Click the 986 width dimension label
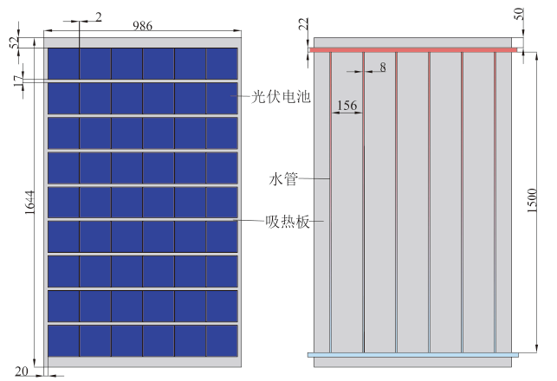pyautogui.click(x=142, y=26)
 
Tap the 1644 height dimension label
pyautogui.click(x=29, y=203)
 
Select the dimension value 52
pyautogui.click(x=15, y=43)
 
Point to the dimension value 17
pyautogui.click(x=18, y=81)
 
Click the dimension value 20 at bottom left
pyautogui.click(x=22, y=371)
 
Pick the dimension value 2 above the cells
pyautogui.click(x=99, y=16)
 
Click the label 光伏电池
pyautogui.click(x=281, y=97)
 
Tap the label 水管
pyautogui.click(x=283, y=179)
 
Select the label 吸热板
pyautogui.click(x=288, y=222)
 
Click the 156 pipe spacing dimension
pyautogui.click(x=347, y=106)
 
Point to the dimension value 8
pyautogui.click(x=383, y=68)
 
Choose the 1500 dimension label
pyautogui.click(x=532, y=201)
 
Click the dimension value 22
pyautogui.click(x=303, y=24)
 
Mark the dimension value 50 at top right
pyautogui.click(x=519, y=14)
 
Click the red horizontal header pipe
pyautogui.click(x=413, y=50)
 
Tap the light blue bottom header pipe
pyautogui.click(x=413, y=355)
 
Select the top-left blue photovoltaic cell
pyautogui.click(x=63, y=63)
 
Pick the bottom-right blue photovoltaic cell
pyautogui.click(x=222, y=341)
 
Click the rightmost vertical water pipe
pyautogui.click(x=495, y=203)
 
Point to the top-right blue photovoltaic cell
pyautogui.click(x=222, y=63)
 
